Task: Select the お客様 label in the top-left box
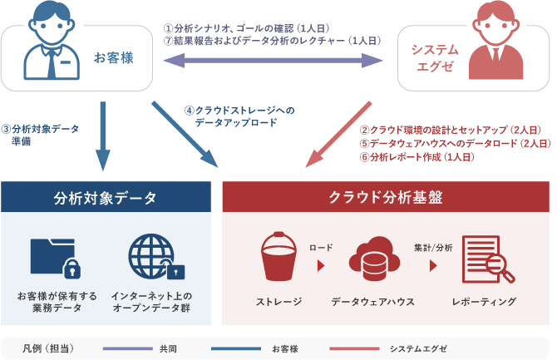(x=113, y=58)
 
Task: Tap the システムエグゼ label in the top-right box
(x=434, y=58)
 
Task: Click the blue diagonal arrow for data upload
(x=185, y=133)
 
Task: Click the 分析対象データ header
(x=105, y=198)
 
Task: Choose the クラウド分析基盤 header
(x=386, y=198)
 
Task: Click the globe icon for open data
(x=155, y=258)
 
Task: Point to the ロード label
(x=321, y=247)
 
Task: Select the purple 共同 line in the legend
(x=125, y=347)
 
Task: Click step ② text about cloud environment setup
(x=449, y=131)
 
